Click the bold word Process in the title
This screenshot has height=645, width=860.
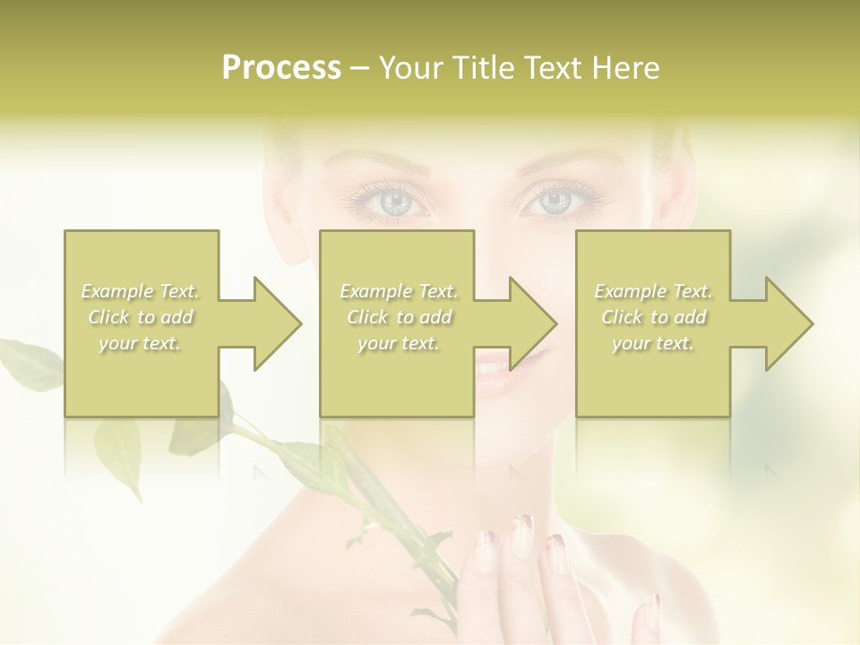pos(281,68)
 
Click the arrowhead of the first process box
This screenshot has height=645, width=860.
pos(272,323)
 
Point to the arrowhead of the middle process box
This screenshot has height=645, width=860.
pos(528,323)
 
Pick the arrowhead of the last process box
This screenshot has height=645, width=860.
pos(784,323)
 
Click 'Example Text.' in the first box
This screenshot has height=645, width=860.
pos(141,291)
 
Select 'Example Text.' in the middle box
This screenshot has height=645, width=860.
pos(399,291)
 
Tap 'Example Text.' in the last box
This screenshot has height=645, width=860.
pos(653,291)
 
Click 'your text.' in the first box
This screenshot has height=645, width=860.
pos(141,343)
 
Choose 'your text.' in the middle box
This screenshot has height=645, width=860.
pos(399,343)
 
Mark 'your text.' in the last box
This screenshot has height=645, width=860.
pos(653,343)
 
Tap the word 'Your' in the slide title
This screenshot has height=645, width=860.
pos(409,68)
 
